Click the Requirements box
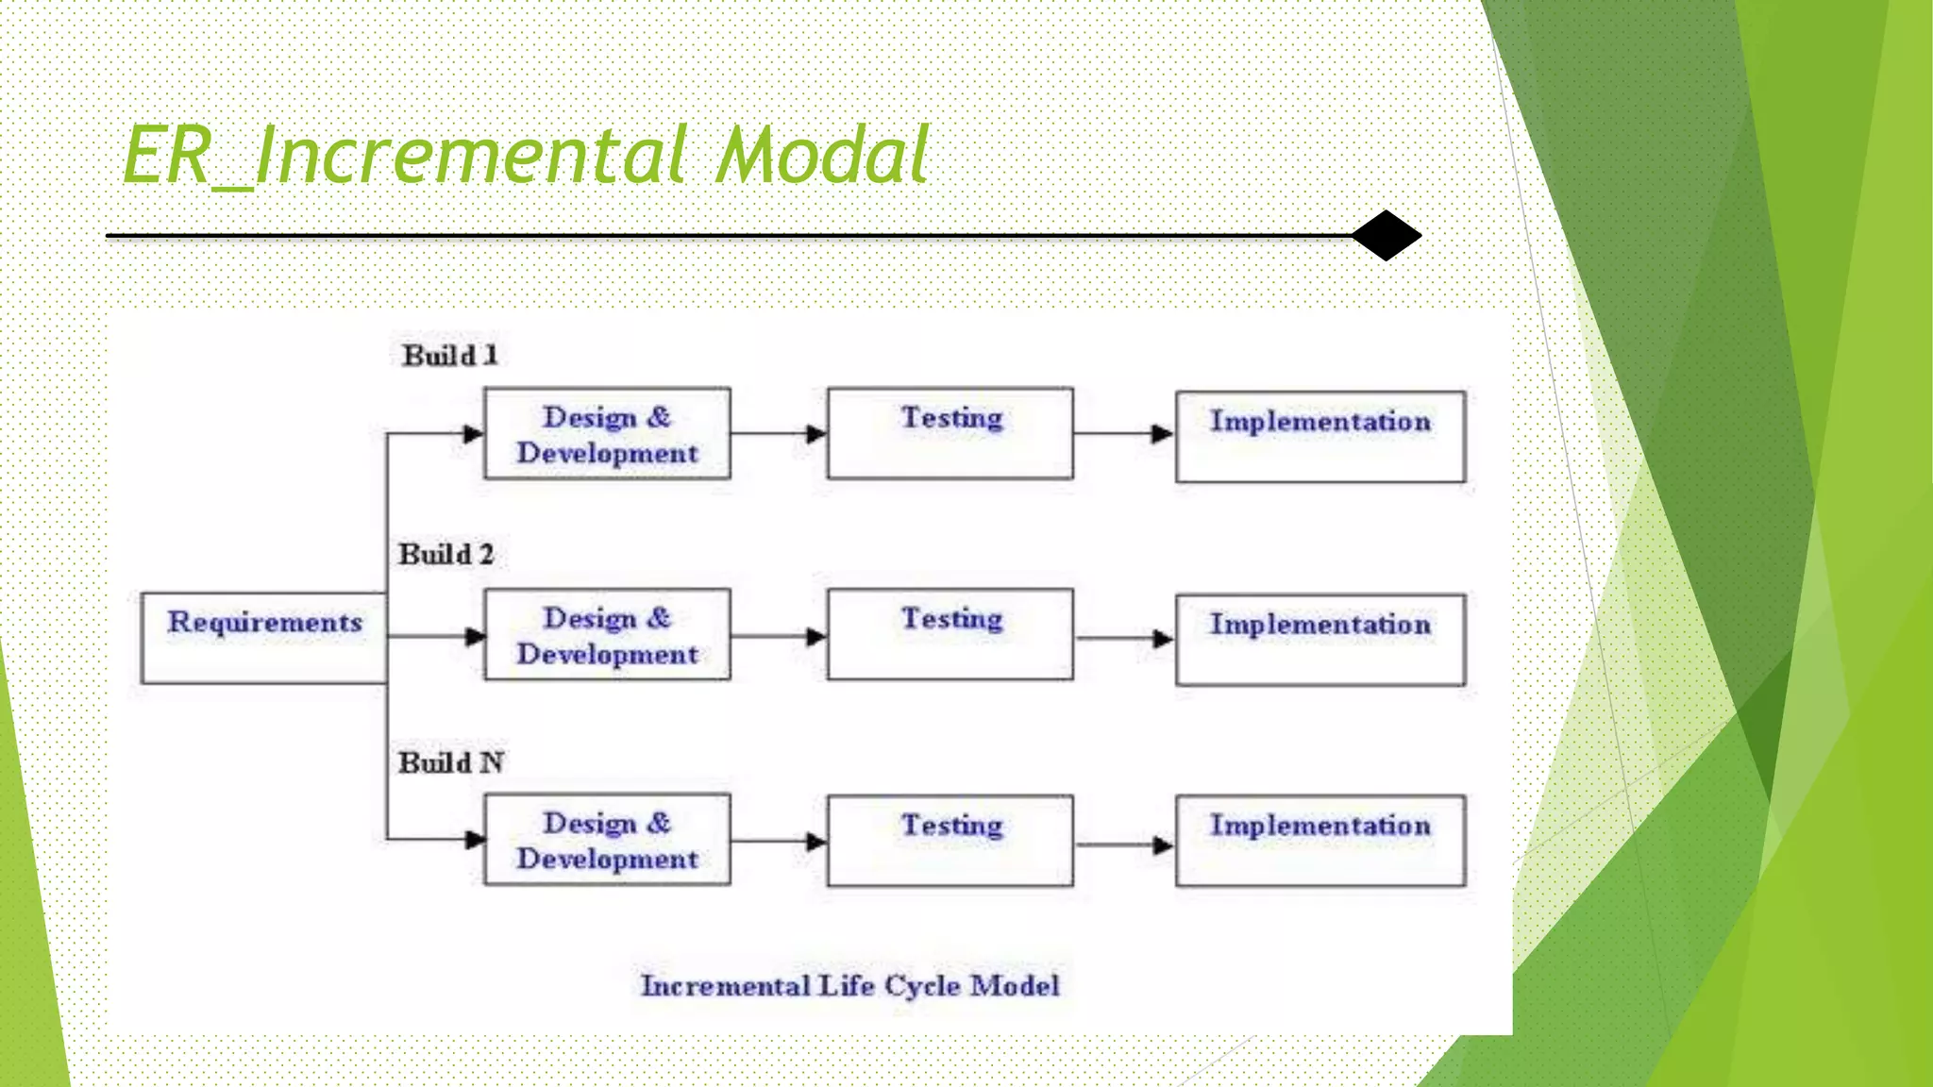(x=263, y=638)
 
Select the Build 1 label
(x=449, y=356)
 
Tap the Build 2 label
(x=445, y=554)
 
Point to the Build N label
(x=450, y=762)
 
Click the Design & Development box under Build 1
(x=607, y=434)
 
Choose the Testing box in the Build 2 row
(x=950, y=634)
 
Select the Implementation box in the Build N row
(x=1319, y=840)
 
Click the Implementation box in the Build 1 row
(x=1319, y=437)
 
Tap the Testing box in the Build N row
(x=950, y=840)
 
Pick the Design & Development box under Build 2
(x=607, y=634)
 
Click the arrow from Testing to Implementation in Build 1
(x=1123, y=434)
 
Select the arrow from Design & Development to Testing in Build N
(x=778, y=841)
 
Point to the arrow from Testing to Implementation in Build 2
(x=1123, y=639)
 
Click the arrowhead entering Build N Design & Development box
(x=475, y=839)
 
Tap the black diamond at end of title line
(x=1386, y=235)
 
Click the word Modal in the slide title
(x=821, y=156)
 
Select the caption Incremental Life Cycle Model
(x=849, y=986)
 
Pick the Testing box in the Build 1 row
(x=950, y=433)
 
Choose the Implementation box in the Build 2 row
(x=1319, y=639)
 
